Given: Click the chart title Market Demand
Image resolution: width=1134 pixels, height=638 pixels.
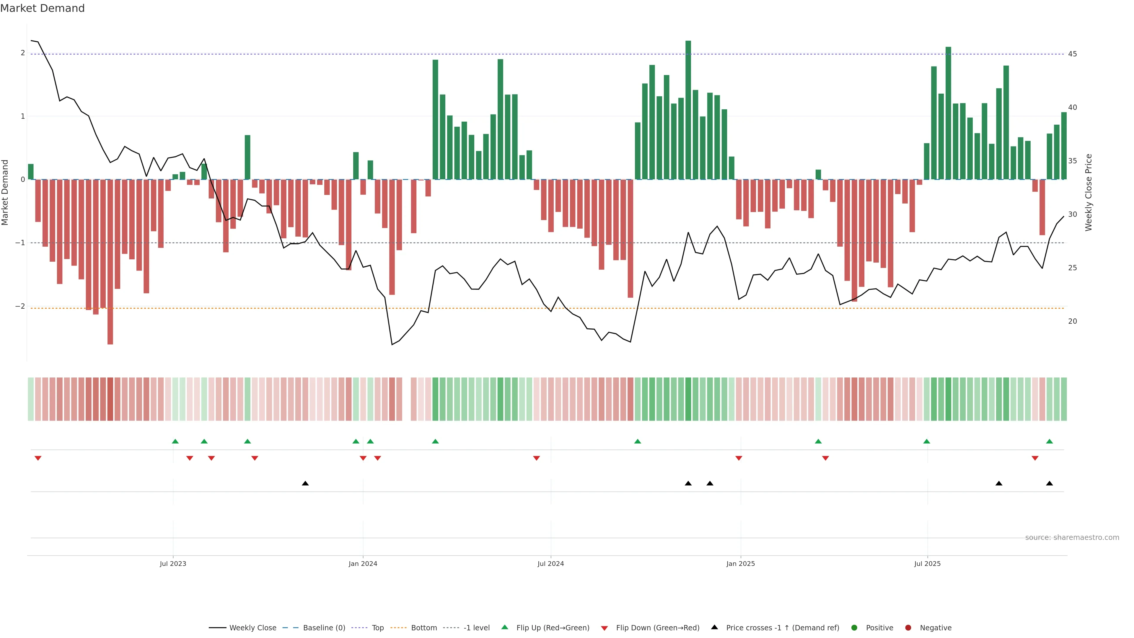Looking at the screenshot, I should pyautogui.click(x=42, y=8).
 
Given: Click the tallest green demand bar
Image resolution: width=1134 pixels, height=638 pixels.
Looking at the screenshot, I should pyautogui.click(x=688, y=110).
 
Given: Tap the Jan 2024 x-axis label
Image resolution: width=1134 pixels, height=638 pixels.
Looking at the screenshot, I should pyautogui.click(x=363, y=564).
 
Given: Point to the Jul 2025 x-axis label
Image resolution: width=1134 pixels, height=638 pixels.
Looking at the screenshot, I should pyautogui.click(x=927, y=564).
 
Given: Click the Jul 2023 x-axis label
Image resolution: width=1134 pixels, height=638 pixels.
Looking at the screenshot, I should pyautogui.click(x=173, y=564).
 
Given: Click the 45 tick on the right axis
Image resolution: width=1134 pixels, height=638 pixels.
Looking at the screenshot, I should pyautogui.click(x=1072, y=54).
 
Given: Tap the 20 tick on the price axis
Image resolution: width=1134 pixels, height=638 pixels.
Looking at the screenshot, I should pyautogui.click(x=1072, y=321).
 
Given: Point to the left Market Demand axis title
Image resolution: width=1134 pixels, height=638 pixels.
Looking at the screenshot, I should pyautogui.click(x=5, y=192).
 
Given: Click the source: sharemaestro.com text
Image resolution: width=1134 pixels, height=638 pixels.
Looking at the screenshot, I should pyautogui.click(x=1072, y=538).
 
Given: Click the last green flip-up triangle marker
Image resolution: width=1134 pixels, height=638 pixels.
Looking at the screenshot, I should pyautogui.click(x=1050, y=441).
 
